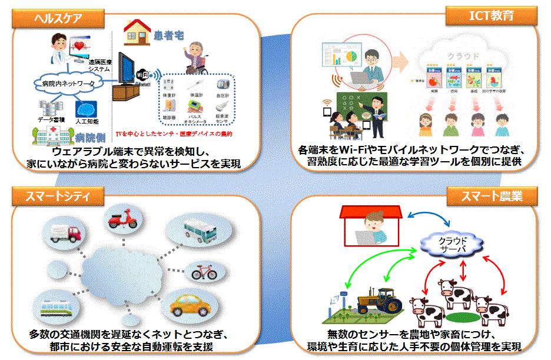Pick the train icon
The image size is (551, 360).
pyautogui.click(x=58, y=308)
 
